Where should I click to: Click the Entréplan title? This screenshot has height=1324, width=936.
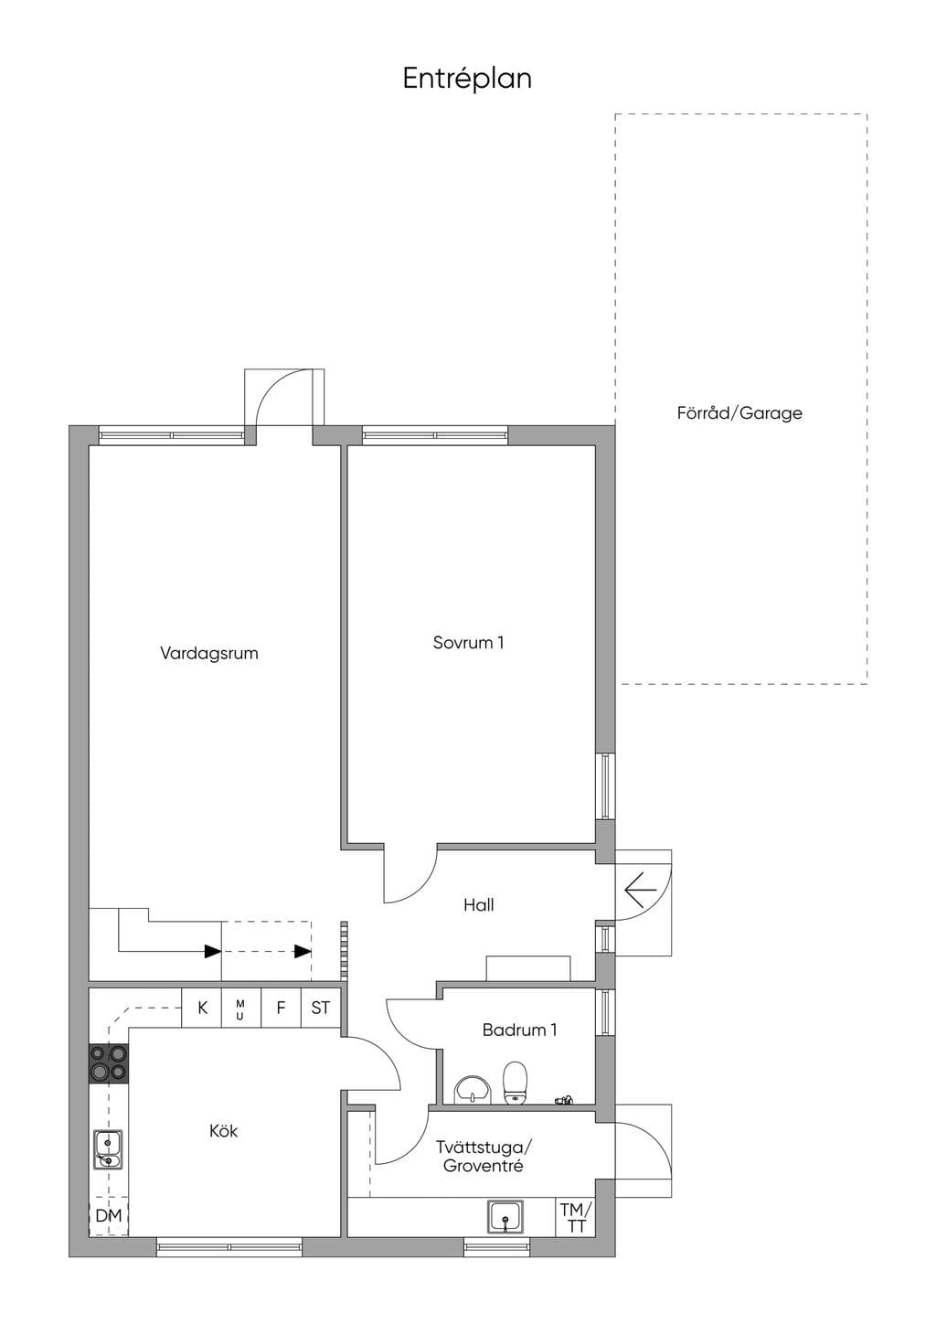click(467, 79)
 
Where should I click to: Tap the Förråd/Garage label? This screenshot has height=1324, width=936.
click(739, 412)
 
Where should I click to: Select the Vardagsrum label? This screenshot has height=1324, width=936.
click(209, 654)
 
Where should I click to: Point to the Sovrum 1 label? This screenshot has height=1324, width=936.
click(468, 643)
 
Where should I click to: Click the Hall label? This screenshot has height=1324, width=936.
click(479, 905)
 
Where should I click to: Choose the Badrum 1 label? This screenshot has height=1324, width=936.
click(519, 1030)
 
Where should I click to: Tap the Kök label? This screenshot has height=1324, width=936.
click(223, 1131)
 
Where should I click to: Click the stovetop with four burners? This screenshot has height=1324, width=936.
click(109, 1064)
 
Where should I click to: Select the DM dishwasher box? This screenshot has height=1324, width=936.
click(109, 1216)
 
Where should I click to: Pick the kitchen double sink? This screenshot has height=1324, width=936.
click(108, 1149)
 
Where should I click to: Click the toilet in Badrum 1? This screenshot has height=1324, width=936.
click(515, 1083)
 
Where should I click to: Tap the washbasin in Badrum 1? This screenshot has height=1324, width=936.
click(473, 1089)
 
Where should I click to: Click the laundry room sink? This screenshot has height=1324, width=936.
click(505, 1216)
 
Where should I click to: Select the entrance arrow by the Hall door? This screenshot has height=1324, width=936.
click(641, 889)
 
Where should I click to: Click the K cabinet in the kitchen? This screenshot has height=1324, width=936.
click(201, 1008)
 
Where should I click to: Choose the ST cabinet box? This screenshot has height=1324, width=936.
click(321, 1008)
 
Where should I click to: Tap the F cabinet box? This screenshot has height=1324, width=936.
click(282, 1008)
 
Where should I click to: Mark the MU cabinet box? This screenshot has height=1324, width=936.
click(241, 1008)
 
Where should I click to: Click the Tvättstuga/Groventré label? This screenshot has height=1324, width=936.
click(484, 1157)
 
